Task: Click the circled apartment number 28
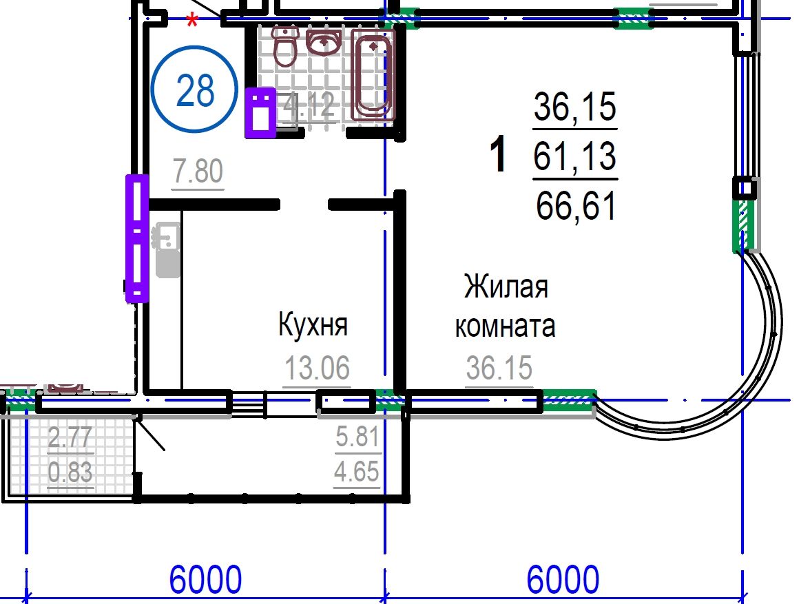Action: [195, 90]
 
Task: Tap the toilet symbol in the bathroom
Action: [284, 47]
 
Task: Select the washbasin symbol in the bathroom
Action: [324, 41]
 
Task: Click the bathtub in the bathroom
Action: [373, 74]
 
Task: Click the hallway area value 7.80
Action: [198, 171]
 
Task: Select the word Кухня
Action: [313, 324]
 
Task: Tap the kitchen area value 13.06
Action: [317, 367]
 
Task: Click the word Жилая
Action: [506, 287]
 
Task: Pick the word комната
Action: [506, 326]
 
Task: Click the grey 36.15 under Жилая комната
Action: [499, 367]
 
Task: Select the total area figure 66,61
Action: [576, 206]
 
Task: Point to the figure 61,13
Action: [575, 156]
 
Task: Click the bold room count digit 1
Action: [498, 154]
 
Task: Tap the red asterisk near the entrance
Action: [192, 21]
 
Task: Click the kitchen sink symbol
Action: [167, 249]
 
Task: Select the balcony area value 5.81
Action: [357, 437]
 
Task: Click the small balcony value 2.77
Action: [70, 437]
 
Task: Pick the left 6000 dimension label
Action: [205, 580]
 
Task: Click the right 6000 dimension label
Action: [563, 580]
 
